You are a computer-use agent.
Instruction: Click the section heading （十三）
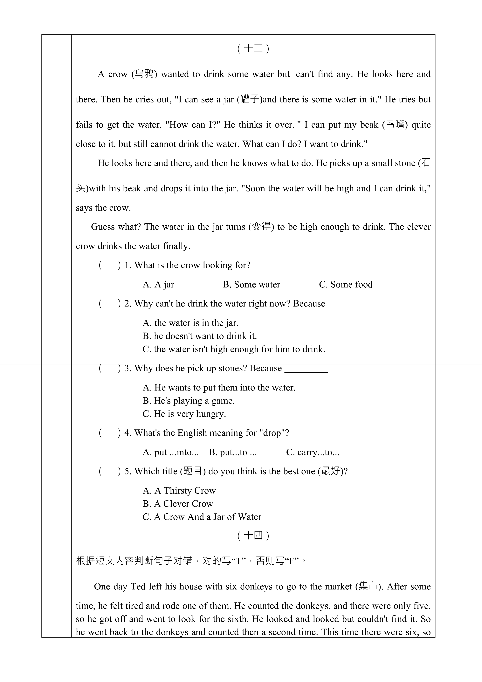[253, 48]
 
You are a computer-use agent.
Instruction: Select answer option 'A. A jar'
[158, 285]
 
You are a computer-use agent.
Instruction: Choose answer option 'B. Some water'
[251, 285]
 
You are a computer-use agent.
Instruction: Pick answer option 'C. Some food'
[346, 285]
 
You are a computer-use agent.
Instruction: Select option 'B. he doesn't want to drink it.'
[199, 336]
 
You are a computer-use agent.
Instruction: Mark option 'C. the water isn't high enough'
[234, 349]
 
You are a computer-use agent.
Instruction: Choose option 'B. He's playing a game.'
[189, 401]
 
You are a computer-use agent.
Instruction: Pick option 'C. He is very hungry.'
[184, 414]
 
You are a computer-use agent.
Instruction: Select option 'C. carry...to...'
[313, 452]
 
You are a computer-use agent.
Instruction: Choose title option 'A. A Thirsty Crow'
[179, 490]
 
